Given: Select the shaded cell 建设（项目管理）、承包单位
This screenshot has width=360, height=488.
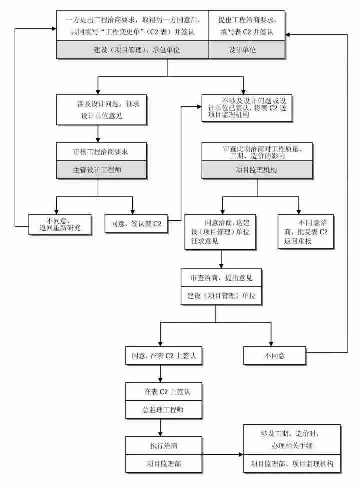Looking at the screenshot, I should click(x=132, y=50).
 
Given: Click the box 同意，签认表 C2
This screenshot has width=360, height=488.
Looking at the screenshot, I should click(x=136, y=224).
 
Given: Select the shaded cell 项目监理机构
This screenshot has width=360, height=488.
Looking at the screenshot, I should click(x=257, y=170).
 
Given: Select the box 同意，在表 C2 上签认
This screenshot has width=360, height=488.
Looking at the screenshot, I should click(x=160, y=356).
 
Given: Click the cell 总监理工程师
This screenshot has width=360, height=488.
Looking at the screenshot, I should click(x=160, y=410).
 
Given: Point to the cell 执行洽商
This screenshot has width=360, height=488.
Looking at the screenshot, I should click(x=160, y=445).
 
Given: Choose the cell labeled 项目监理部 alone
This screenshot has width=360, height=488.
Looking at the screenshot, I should click(x=160, y=464).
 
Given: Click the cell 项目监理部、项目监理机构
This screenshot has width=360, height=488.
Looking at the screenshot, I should click(x=292, y=464).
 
